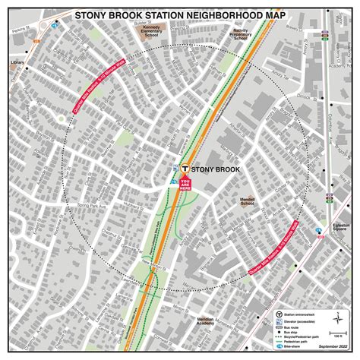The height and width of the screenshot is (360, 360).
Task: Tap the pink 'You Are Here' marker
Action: (184, 182)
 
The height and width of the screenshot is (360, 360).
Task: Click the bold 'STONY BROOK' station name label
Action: (214, 170)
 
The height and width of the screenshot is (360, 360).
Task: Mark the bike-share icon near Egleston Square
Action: (319, 230)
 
